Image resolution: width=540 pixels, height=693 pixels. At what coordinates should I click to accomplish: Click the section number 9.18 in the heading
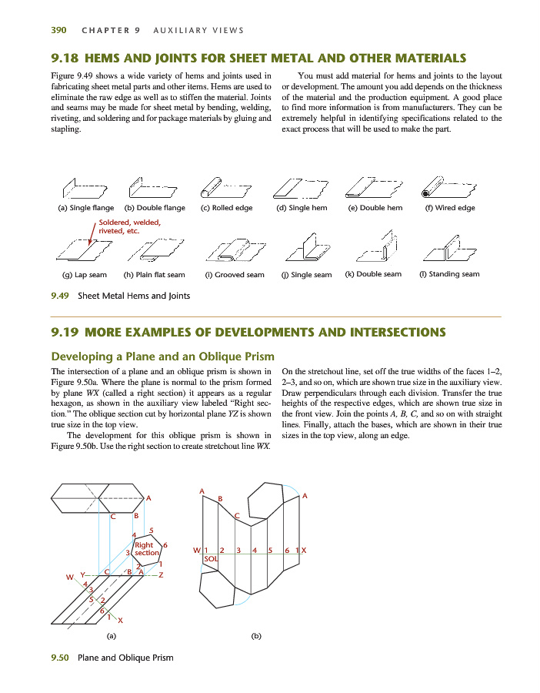click(65, 58)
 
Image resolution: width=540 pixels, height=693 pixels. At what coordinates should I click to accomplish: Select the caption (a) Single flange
click(85, 208)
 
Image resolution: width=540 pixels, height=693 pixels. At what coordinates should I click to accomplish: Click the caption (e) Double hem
click(375, 208)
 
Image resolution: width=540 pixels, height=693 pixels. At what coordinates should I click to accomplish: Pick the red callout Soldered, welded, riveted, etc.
click(130, 226)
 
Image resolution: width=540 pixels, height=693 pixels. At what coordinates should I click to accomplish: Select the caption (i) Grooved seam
click(234, 275)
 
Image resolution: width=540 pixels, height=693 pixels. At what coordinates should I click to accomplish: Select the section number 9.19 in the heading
click(65, 333)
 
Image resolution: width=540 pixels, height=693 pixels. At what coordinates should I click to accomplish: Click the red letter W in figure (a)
click(69, 577)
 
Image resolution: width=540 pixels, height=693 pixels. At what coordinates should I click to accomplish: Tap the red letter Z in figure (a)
click(161, 574)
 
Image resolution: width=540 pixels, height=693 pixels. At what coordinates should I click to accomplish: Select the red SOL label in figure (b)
click(211, 558)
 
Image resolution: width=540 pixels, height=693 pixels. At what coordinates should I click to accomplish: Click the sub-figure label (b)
click(256, 636)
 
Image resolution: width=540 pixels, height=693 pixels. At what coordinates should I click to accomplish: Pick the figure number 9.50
click(59, 658)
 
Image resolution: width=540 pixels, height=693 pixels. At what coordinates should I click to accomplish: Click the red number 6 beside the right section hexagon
click(165, 545)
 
